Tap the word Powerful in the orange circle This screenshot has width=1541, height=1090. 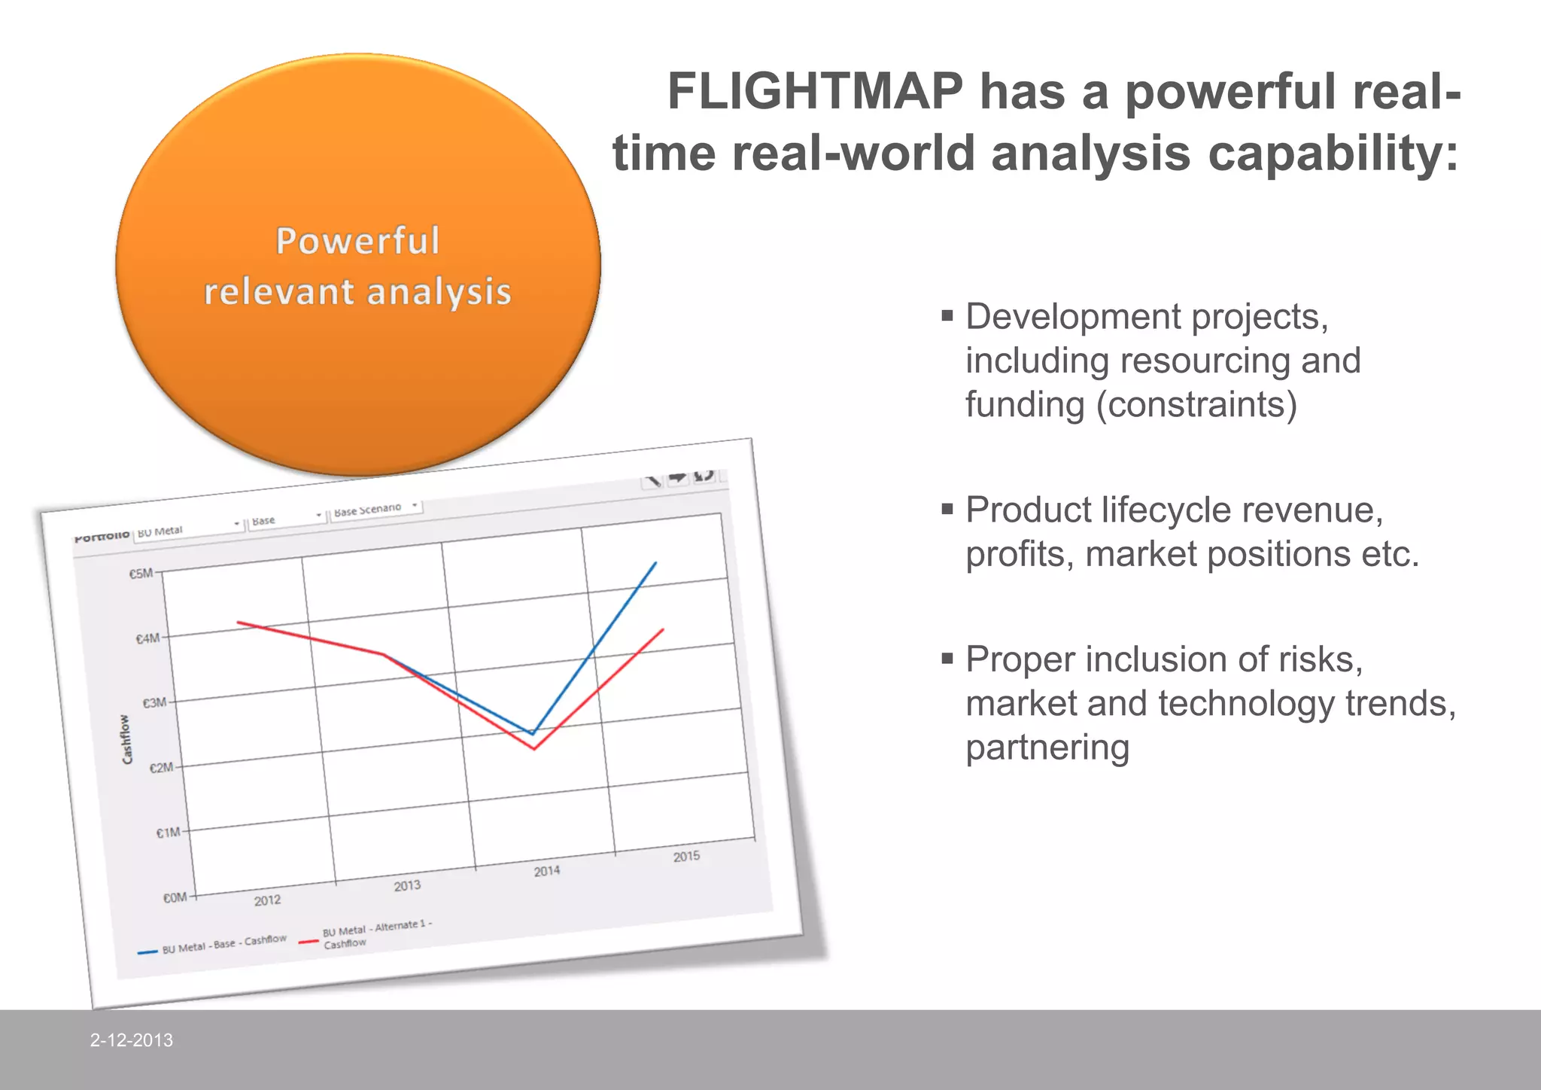(357, 242)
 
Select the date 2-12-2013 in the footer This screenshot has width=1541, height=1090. (132, 1040)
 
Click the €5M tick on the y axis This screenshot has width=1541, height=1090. (141, 574)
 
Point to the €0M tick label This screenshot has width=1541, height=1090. (175, 897)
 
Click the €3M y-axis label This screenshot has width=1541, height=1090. (154, 703)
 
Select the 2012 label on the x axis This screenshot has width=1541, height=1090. (267, 900)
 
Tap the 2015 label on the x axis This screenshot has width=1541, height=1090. (686, 857)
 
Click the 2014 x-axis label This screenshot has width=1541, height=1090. (547, 871)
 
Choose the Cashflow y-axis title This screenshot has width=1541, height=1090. (126, 739)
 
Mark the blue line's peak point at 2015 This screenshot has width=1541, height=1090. (655, 562)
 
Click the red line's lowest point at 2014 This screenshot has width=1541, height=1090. (534, 749)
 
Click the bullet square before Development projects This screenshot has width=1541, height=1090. (947, 315)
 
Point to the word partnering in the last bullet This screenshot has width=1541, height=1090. (1047, 747)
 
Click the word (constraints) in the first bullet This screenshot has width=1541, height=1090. (1196, 404)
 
